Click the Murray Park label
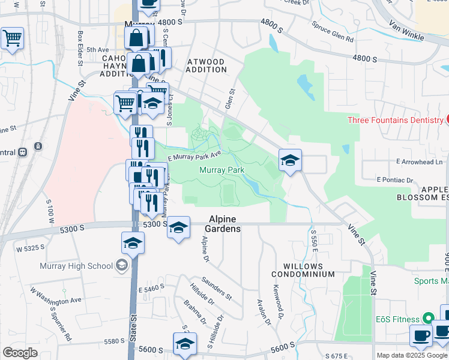(x=221, y=170)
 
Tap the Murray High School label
(x=76, y=266)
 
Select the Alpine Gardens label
(x=224, y=224)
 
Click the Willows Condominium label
(x=303, y=270)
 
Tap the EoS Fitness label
(x=398, y=317)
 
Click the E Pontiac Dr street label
(x=395, y=179)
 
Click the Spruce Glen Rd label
(x=332, y=33)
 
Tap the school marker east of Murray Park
(x=290, y=160)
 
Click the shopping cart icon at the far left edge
(x=12, y=38)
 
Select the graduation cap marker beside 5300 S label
(x=178, y=227)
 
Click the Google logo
(x=20, y=353)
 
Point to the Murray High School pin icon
(x=122, y=266)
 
